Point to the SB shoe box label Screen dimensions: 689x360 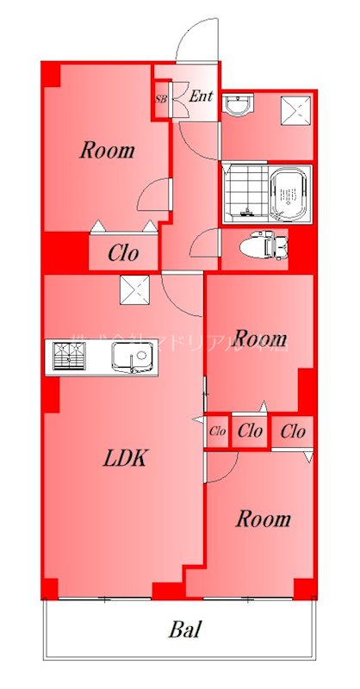coord(161,98)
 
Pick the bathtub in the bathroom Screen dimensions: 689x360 coord(289,195)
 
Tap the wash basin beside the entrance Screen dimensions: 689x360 coord(238,105)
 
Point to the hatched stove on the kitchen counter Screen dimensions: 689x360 coord(69,356)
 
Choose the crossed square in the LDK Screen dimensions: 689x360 coord(135,290)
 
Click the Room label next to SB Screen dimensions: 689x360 coord(107,151)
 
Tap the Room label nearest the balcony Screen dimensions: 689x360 coord(264,519)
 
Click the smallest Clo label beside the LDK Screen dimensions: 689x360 coord(217,431)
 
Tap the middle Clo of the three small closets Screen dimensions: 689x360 coord(250,431)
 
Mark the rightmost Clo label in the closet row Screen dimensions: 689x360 coord(293,431)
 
